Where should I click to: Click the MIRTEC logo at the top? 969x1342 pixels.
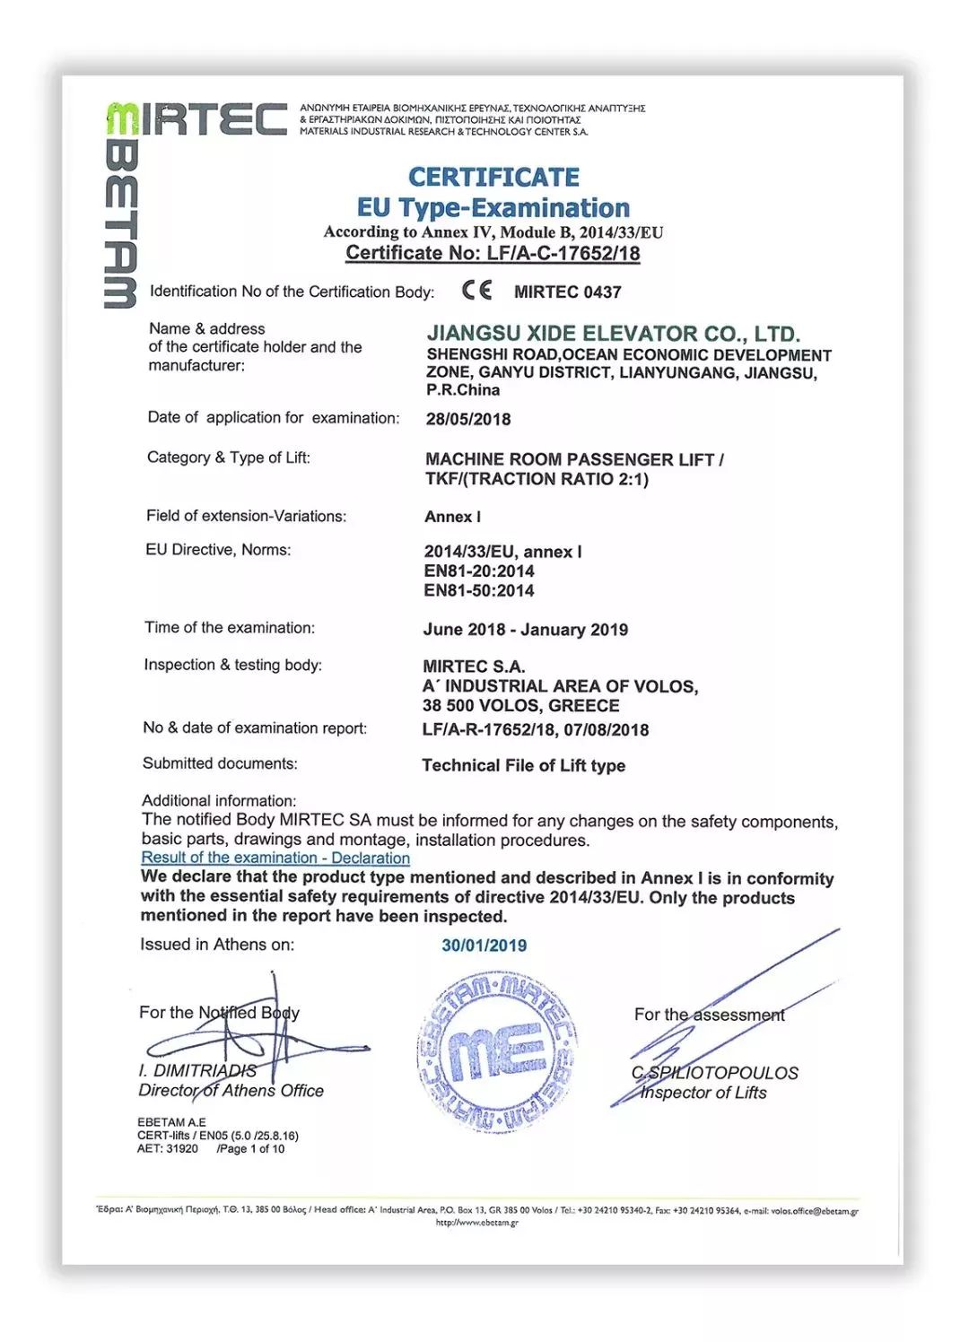(x=197, y=118)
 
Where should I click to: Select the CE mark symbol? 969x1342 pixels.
(x=476, y=291)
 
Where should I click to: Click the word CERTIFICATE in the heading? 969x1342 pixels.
(x=493, y=177)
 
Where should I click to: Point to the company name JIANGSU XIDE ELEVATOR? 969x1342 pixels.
(x=613, y=334)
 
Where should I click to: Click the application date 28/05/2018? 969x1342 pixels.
(x=467, y=419)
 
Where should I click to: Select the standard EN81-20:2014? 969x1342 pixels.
(x=478, y=571)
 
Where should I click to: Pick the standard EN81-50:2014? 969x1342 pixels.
(x=478, y=591)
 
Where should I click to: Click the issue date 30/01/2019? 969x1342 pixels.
(x=484, y=945)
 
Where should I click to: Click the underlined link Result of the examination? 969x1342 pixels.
(x=275, y=858)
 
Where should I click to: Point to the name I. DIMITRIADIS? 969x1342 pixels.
(x=197, y=1070)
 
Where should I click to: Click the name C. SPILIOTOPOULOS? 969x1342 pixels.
(x=714, y=1073)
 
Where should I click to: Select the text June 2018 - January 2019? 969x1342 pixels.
(x=525, y=630)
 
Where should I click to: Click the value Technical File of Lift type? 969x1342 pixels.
(x=523, y=766)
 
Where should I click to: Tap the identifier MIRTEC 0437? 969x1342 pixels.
(x=567, y=292)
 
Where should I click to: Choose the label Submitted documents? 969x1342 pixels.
(x=220, y=763)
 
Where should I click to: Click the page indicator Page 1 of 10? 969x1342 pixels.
(x=250, y=1149)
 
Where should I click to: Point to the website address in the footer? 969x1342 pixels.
(x=476, y=1223)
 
